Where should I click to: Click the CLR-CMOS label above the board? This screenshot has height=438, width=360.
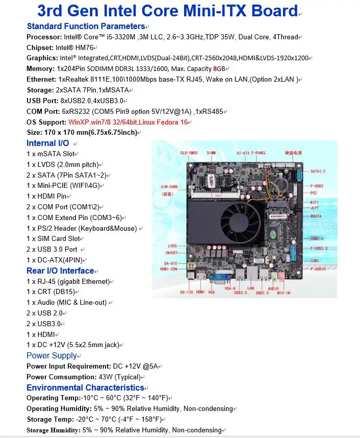189,153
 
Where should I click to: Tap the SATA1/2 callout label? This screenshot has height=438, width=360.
319,171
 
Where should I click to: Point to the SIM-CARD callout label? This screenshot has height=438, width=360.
169,186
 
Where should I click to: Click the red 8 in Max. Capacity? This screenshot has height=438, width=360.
215,69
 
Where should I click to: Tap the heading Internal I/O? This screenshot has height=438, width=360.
47,143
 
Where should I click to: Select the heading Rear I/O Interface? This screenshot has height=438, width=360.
60,271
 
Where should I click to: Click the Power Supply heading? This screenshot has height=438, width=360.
52,355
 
